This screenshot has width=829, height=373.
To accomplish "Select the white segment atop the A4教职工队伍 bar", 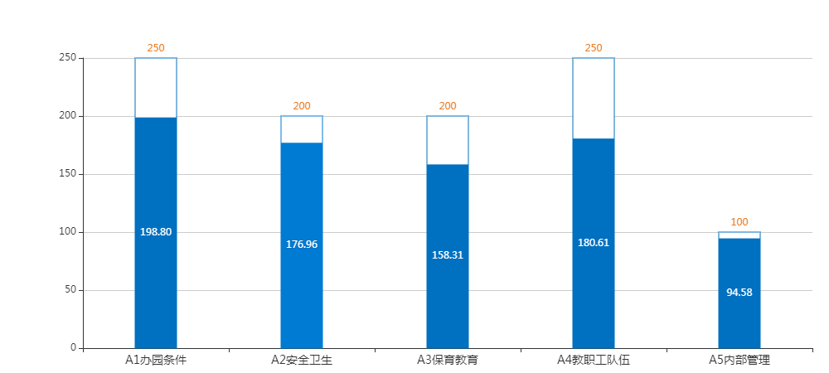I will (x=594, y=98).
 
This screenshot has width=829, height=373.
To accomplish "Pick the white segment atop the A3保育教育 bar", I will (x=448, y=140).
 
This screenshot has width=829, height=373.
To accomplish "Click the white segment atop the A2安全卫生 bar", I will (x=302, y=129).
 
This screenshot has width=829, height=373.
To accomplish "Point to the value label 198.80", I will (x=156, y=232).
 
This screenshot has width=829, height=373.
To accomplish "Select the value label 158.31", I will (x=448, y=254).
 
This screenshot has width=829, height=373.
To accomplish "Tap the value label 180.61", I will (x=594, y=242).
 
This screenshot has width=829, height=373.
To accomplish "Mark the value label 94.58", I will (x=739, y=292).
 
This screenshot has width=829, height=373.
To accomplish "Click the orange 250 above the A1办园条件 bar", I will (x=156, y=48).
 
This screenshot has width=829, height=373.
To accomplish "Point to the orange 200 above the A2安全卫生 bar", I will (x=302, y=106).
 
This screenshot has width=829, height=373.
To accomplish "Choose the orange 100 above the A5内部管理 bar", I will (x=739, y=222).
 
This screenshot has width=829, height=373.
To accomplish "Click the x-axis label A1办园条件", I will (x=156, y=360).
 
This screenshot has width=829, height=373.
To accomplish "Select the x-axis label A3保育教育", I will (x=448, y=360).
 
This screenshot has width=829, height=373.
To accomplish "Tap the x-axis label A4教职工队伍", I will (x=594, y=360).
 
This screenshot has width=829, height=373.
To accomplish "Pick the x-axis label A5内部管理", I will (x=739, y=360).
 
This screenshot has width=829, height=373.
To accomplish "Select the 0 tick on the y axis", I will (x=73, y=347).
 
